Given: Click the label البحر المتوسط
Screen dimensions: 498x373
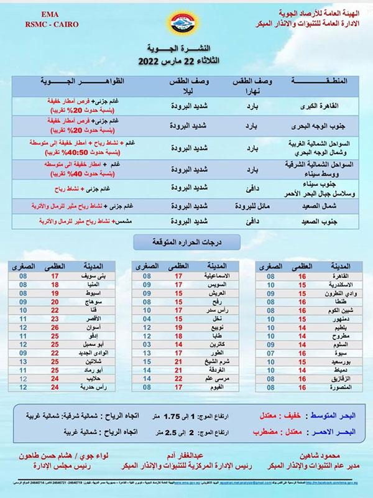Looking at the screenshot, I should [x=337, y=413].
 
